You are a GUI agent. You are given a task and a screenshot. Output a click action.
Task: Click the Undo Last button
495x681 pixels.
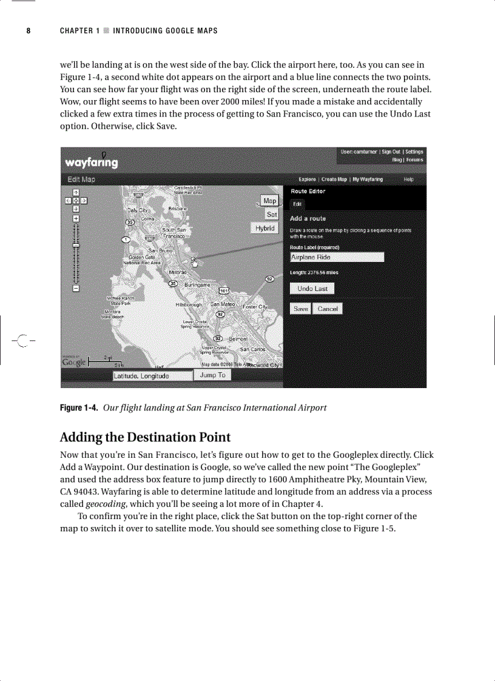tap(312, 289)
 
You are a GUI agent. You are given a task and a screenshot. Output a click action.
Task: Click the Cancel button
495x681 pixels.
tap(328, 309)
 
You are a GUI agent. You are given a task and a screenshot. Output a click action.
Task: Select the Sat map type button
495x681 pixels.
tap(272, 214)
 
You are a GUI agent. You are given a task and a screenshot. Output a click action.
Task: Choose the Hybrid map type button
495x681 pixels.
tap(264, 228)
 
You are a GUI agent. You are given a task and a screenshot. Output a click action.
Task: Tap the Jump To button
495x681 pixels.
tap(212, 375)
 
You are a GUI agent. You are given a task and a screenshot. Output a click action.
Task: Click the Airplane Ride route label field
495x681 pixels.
tap(337, 257)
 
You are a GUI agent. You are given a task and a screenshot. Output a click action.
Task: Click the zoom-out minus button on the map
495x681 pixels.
tap(76, 288)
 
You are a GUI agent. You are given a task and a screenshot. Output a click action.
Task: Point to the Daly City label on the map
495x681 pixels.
tap(137, 210)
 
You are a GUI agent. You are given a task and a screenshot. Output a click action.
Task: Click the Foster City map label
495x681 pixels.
tap(255, 307)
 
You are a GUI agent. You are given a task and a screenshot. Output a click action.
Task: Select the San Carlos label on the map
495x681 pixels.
tap(252, 349)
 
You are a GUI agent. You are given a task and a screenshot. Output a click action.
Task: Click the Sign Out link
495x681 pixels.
tap(391, 152)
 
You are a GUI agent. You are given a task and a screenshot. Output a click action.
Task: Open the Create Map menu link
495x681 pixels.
tap(334, 179)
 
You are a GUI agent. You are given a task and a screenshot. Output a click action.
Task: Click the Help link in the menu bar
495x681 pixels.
tap(408, 179)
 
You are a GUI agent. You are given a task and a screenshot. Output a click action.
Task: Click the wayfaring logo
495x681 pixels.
tap(92, 163)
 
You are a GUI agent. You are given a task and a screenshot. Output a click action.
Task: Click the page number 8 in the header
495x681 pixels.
tap(28, 31)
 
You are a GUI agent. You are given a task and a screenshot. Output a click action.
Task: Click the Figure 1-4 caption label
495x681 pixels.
tap(78, 408)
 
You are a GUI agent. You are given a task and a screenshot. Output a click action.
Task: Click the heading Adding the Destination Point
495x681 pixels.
tap(145, 437)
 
